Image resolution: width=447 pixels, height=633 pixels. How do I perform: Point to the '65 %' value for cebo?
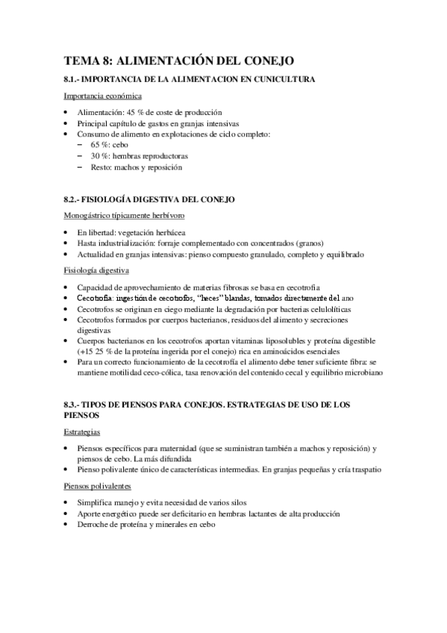coord(100,145)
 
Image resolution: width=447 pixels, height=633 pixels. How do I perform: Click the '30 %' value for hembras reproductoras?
coord(100,156)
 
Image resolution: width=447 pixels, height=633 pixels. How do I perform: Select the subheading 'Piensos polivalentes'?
coord(97,487)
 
